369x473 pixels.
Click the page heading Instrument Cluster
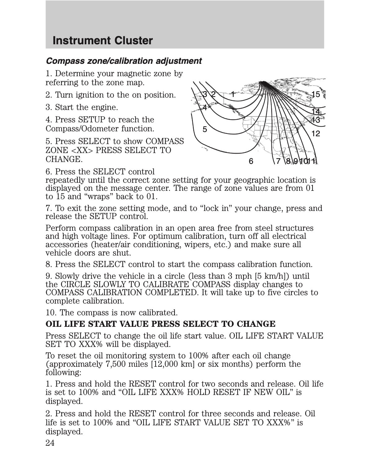tap(103, 41)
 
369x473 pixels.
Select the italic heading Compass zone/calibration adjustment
tap(123, 61)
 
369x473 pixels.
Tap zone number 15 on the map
tap(316, 94)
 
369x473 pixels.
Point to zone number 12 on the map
tap(316, 134)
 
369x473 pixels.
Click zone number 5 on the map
tap(205, 129)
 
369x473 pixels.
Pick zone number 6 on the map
tap(251, 161)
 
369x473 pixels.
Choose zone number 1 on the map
tap(233, 94)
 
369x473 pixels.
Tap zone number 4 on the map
tap(205, 107)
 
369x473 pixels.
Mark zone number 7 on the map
tap(278, 161)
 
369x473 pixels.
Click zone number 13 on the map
tap(316, 120)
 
